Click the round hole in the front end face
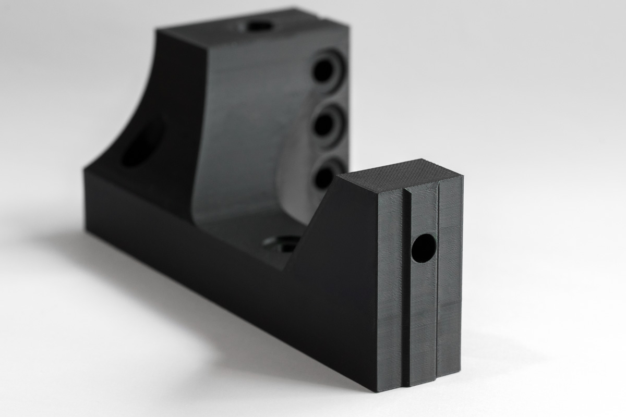point(423,248)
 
